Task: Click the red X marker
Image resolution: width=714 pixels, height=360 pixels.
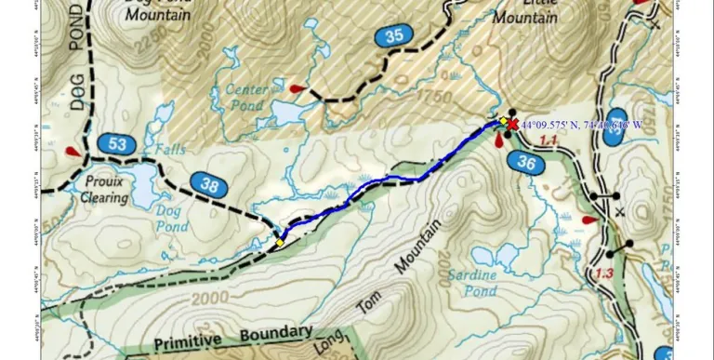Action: point(511,123)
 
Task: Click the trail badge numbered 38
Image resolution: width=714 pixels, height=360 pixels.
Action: point(209,185)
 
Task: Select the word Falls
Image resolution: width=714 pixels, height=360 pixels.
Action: point(170,148)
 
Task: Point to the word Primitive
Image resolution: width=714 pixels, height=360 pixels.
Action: point(193,341)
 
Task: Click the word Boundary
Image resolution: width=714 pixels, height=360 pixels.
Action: point(275,333)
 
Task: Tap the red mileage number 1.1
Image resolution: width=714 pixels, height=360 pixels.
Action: point(548,140)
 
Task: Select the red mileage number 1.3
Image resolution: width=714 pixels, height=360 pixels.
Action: point(604,273)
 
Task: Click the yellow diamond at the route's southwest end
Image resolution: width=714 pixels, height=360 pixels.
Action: point(279,243)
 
